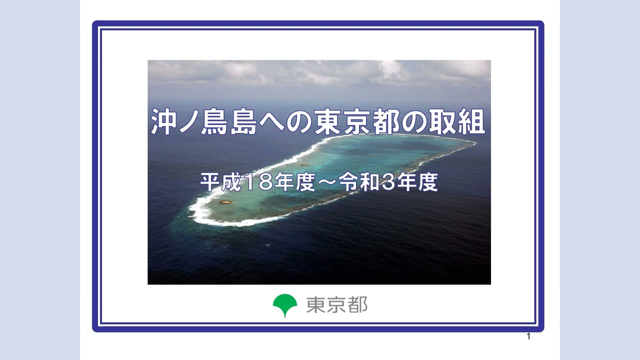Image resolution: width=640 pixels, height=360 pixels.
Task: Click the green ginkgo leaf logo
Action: click(284, 304)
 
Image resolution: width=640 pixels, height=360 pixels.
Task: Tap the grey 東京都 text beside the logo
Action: click(336, 304)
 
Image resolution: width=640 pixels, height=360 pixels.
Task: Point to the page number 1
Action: click(528, 336)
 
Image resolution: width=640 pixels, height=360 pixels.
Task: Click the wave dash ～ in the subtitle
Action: click(325, 183)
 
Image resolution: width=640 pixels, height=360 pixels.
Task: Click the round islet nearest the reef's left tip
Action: click(225, 202)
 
